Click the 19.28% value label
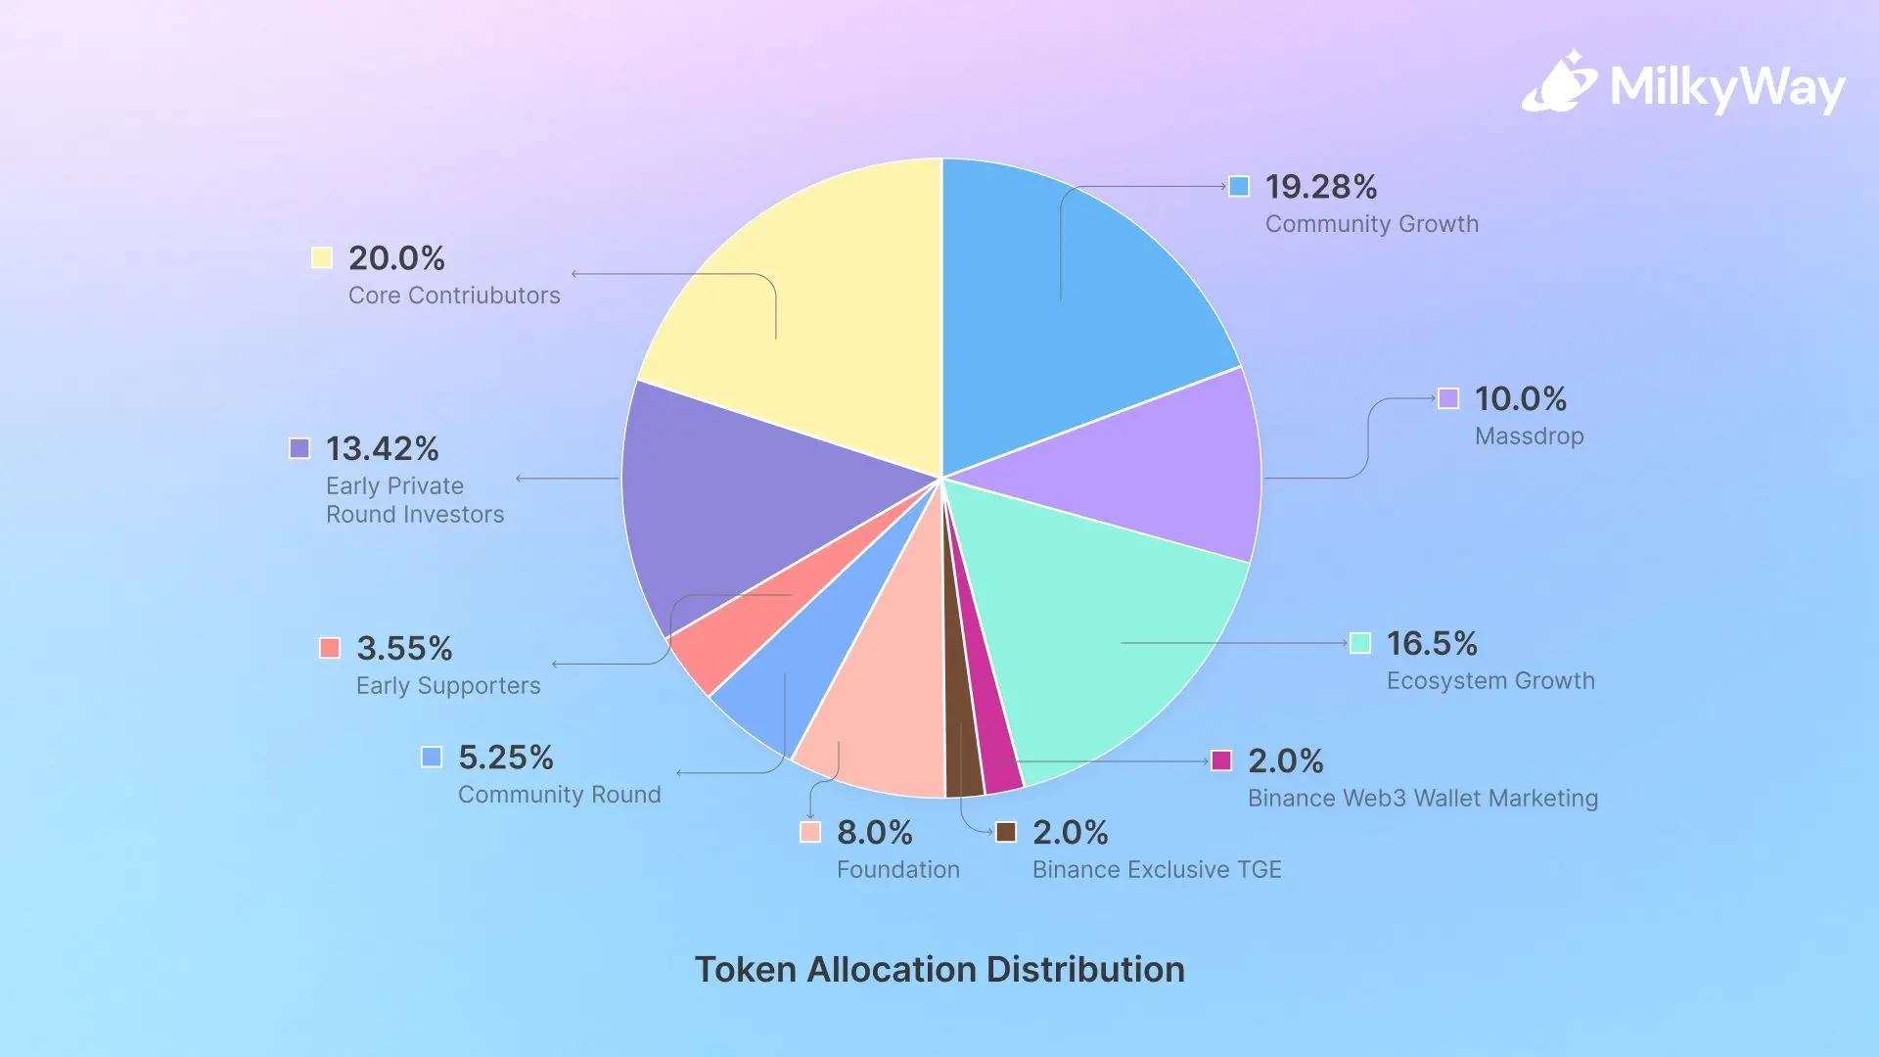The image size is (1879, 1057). point(1320,187)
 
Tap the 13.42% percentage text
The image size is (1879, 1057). point(382,449)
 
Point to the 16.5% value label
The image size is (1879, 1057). point(1432,644)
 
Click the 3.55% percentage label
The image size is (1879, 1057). point(404,649)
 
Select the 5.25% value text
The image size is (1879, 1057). point(505,758)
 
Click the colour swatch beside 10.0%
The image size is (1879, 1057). point(1448,398)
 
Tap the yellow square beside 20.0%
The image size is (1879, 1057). point(321,257)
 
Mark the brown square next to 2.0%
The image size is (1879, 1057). point(1006,832)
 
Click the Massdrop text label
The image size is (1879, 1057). point(1529,437)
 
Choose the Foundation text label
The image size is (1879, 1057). point(897,870)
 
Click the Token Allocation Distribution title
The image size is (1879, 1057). point(939,970)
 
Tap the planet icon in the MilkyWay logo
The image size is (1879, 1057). point(1558,83)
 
